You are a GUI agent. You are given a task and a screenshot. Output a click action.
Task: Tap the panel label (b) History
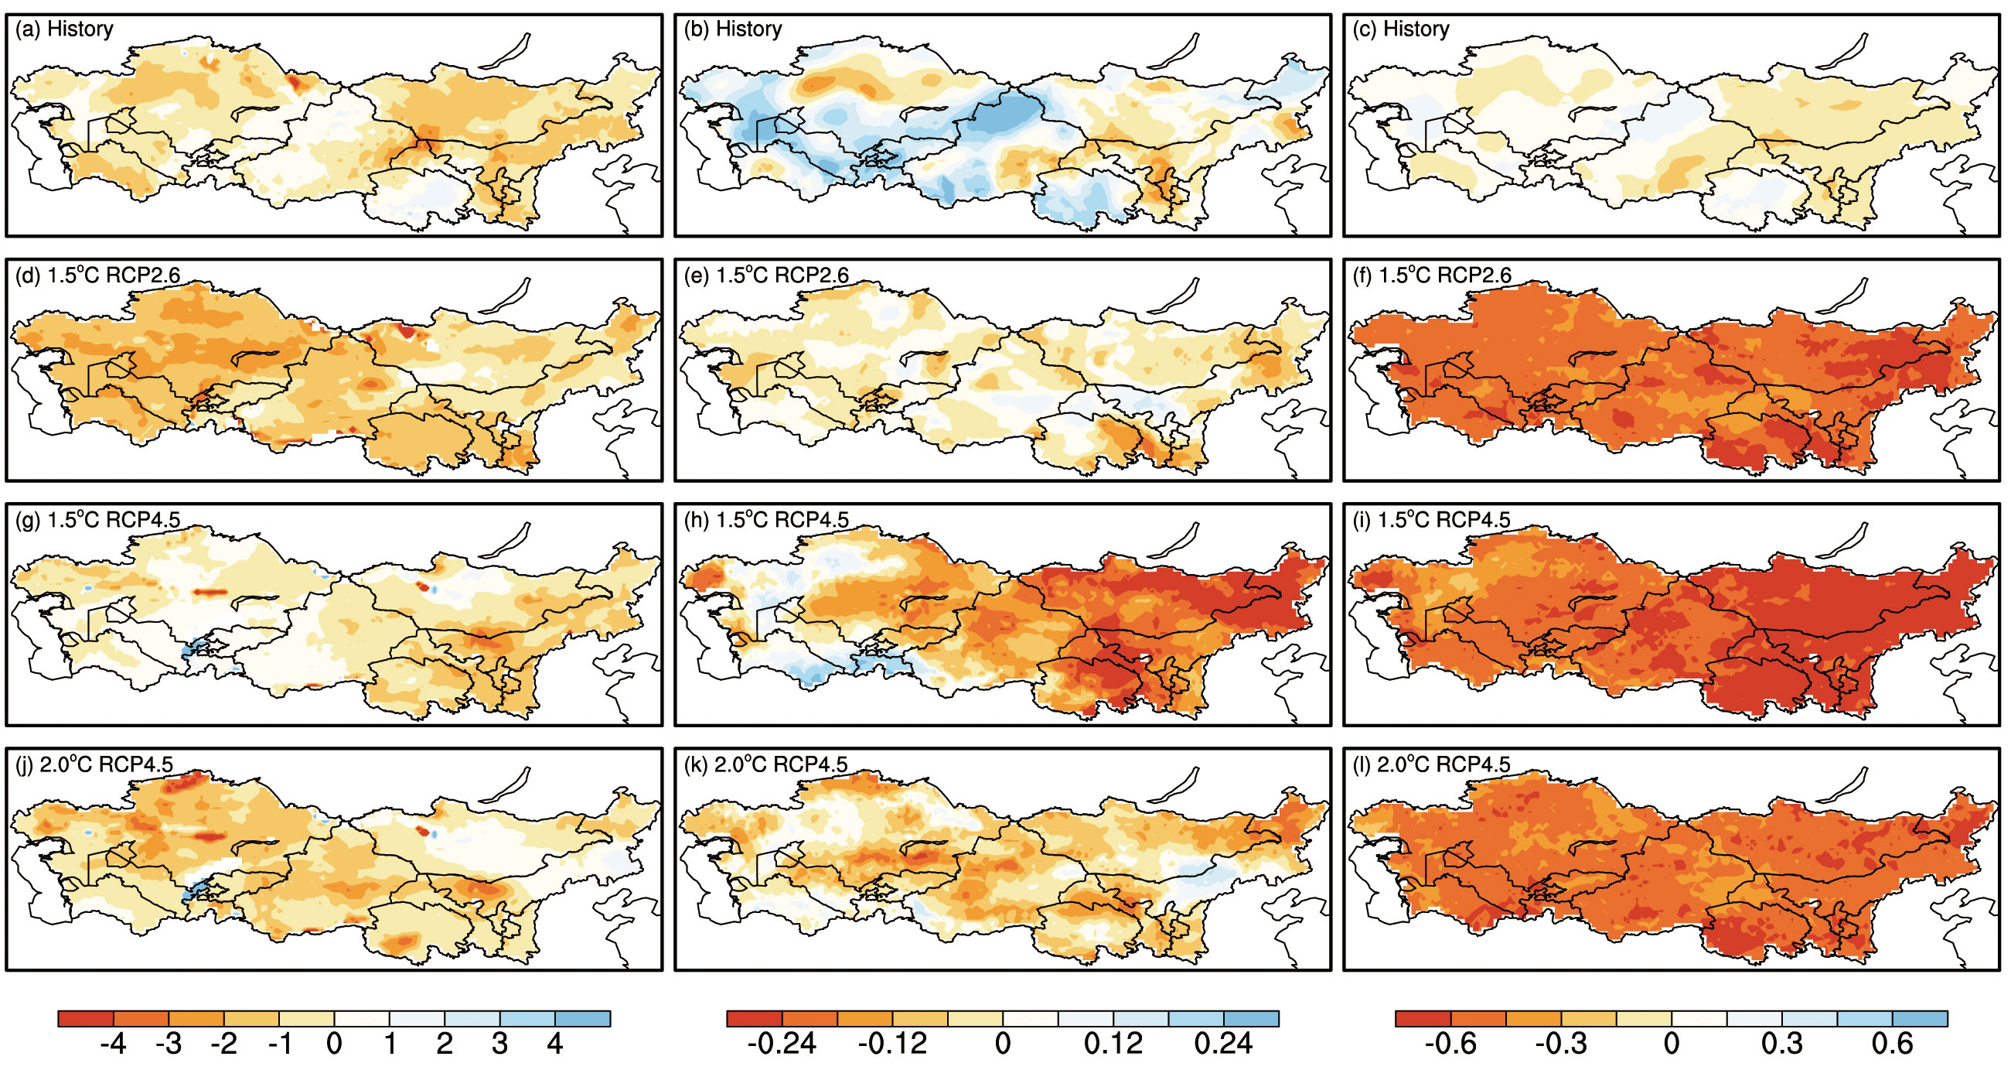732,29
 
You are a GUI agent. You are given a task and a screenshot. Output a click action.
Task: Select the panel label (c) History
1400,29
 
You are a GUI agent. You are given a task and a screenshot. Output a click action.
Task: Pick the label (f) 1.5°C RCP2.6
1432,275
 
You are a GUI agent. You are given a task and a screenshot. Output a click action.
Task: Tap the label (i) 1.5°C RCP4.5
1432,519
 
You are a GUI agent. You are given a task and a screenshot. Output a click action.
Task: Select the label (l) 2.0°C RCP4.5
1431,764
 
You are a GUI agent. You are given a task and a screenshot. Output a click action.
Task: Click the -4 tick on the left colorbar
113,1044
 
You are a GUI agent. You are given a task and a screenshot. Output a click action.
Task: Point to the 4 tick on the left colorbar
555,1044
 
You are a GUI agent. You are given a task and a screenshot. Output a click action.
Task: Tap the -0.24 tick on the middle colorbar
782,1044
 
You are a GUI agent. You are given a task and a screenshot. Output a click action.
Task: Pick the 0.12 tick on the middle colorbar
1113,1044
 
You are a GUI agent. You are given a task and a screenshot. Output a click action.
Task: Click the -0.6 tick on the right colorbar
1450,1044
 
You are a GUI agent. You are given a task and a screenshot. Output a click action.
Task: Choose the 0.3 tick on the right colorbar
1781,1044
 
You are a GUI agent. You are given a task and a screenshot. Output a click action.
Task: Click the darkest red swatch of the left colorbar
86,1018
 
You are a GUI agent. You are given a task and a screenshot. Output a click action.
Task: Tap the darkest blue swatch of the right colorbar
1920,1018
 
